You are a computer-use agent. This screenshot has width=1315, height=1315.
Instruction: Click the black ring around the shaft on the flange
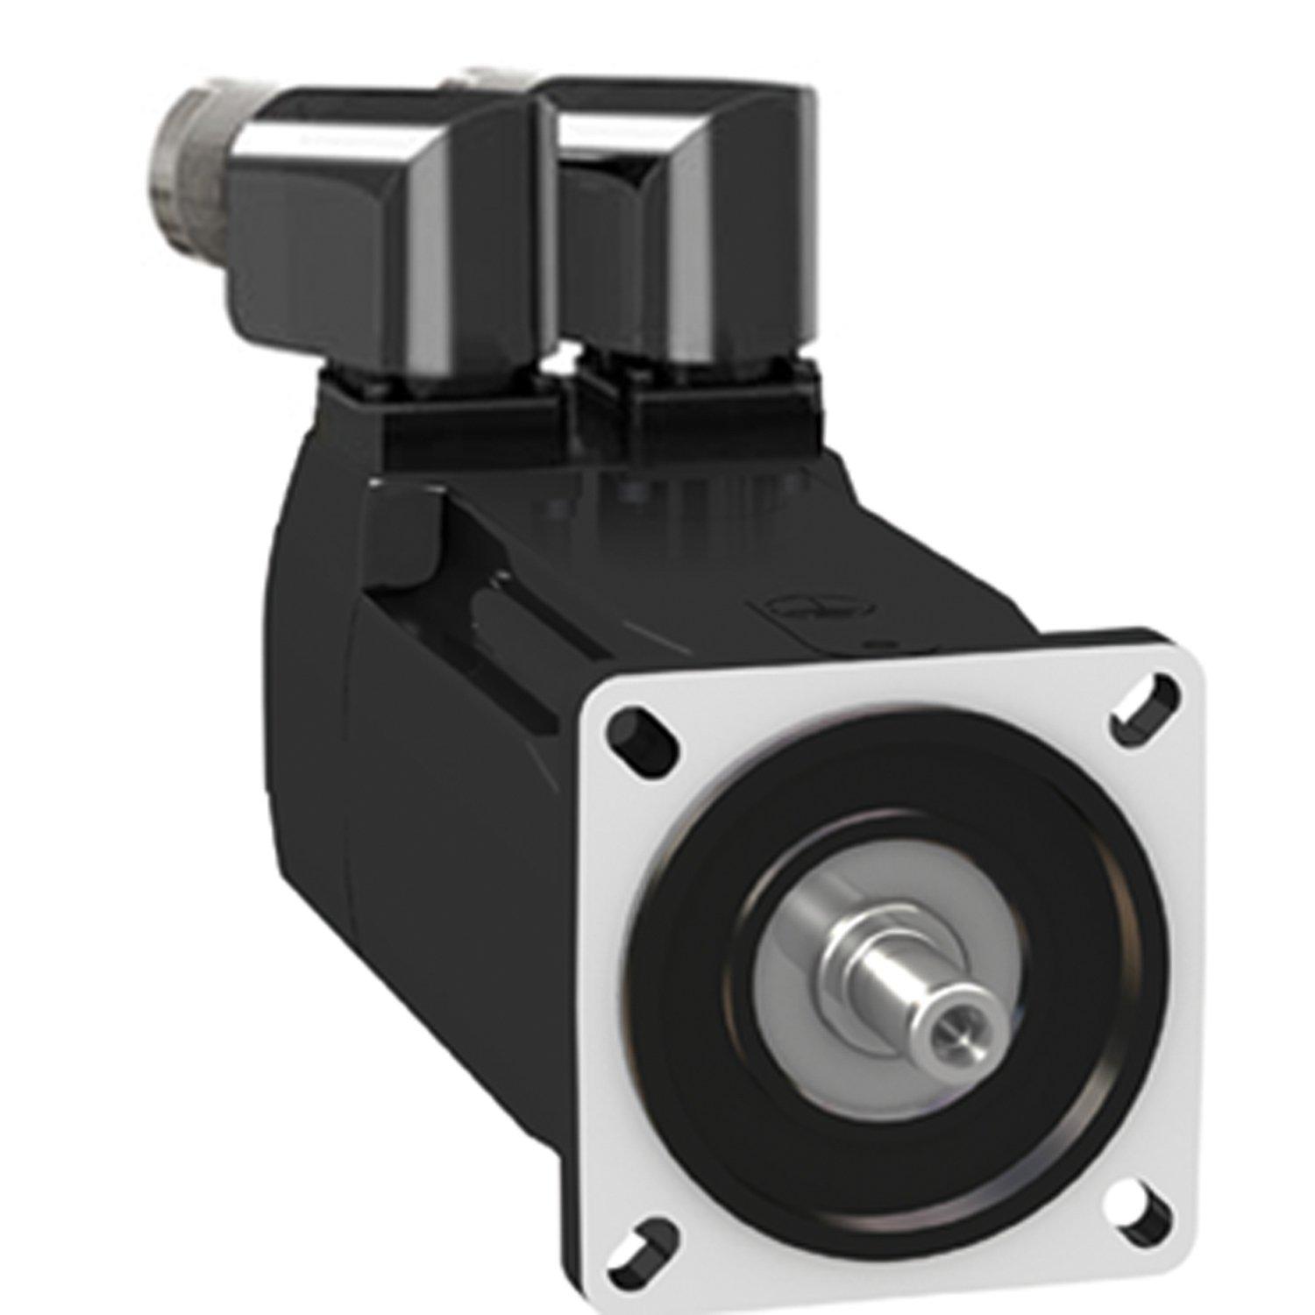[912, 815]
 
